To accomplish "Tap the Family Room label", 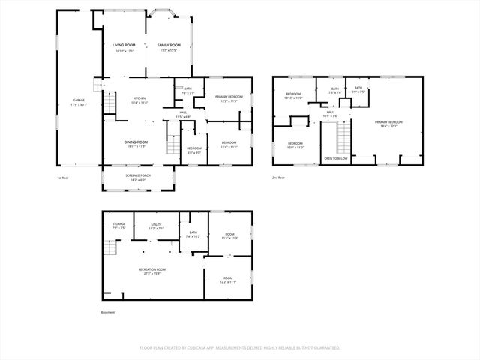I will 169,46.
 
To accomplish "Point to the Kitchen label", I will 139,98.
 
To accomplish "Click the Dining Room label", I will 136,142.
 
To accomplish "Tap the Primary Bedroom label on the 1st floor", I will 228,97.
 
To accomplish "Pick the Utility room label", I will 155,224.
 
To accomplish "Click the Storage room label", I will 119,224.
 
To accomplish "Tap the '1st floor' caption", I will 63,178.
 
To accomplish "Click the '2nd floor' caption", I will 278,178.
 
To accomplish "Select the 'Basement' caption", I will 108,313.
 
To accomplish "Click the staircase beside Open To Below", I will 344,138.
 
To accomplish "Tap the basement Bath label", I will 193,234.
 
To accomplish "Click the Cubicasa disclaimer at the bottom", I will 240,347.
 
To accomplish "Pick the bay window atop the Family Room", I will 162,13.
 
